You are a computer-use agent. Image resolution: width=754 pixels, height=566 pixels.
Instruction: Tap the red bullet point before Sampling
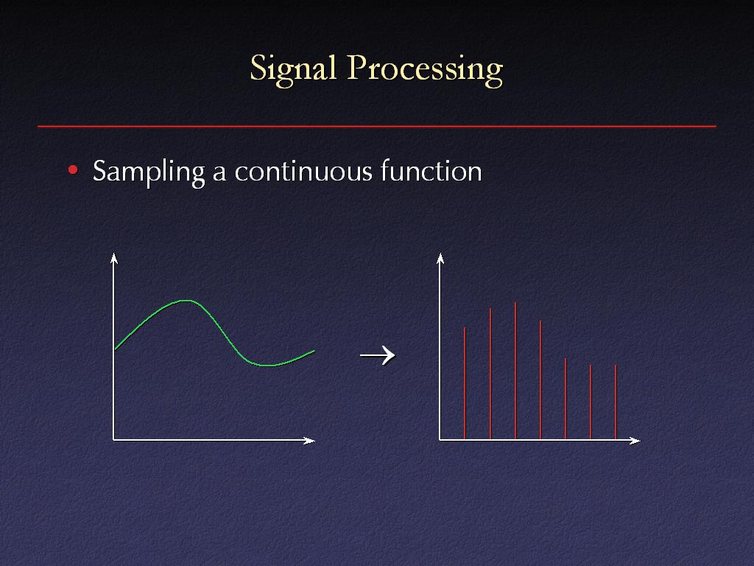(73, 170)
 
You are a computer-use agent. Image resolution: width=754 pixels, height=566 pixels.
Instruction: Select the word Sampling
(149, 172)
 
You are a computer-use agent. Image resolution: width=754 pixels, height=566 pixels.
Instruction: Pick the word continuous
(303, 172)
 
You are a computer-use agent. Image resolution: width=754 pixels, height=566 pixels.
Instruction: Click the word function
(431, 171)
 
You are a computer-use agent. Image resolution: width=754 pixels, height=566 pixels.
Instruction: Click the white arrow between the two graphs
(378, 356)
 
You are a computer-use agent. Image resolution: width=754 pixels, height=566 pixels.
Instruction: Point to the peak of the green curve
(186, 301)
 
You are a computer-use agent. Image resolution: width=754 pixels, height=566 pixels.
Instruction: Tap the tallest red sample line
(515, 371)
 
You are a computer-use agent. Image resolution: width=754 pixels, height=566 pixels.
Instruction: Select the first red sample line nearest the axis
(465, 383)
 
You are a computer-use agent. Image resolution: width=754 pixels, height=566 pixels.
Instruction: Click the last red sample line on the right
(616, 402)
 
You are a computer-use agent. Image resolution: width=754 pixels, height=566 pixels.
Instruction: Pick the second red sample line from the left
(490, 374)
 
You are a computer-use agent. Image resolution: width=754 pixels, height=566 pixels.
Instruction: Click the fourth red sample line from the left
(540, 380)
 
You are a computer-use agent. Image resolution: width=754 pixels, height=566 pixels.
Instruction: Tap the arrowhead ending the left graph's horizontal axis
(309, 441)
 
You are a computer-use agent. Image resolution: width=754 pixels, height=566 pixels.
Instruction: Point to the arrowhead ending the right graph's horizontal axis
(635, 441)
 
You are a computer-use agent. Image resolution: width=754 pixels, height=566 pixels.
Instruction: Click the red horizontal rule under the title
(377, 127)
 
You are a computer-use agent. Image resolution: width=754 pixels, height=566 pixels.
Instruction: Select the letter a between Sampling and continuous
(219, 174)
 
